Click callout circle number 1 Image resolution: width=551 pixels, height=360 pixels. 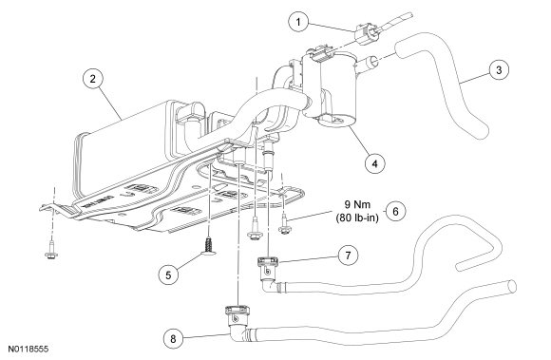[x=298, y=22]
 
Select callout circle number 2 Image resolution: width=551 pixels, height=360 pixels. [x=92, y=79]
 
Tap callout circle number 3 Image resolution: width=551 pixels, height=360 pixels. [x=499, y=70]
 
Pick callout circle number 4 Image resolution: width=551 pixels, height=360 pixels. [x=375, y=163]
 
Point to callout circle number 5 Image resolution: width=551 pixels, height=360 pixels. [x=168, y=275]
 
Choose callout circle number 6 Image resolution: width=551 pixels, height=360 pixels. [x=395, y=212]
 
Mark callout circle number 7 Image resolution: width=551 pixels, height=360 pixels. [x=348, y=256]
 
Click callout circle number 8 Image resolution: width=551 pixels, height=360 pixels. [x=173, y=339]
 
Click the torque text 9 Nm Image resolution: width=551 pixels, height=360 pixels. [x=357, y=204]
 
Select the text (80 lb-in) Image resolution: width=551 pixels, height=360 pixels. [x=357, y=218]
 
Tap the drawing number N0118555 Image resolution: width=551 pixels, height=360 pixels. [x=28, y=350]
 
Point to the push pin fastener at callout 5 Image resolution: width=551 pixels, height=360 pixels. [x=209, y=245]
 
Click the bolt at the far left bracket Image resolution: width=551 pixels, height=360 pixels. [x=52, y=250]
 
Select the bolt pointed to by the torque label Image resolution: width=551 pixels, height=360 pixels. [x=284, y=225]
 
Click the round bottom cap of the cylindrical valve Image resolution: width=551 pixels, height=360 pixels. [x=336, y=121]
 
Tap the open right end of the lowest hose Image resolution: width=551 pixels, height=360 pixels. [x=512, y=285]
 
